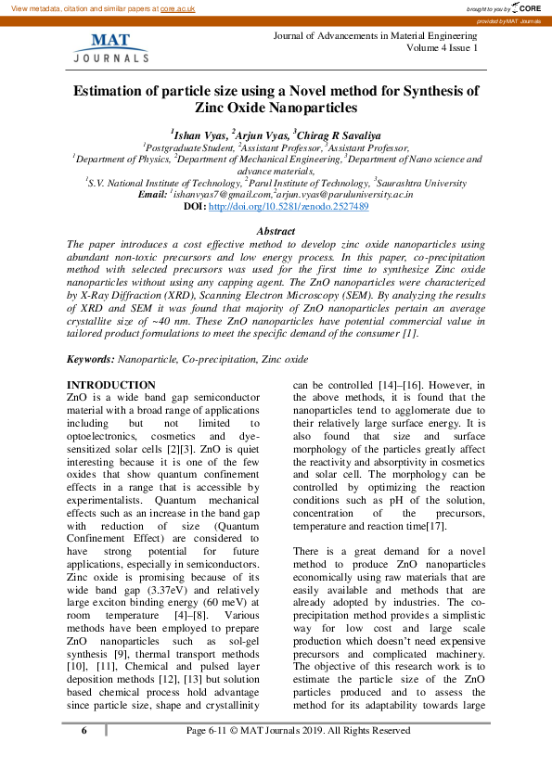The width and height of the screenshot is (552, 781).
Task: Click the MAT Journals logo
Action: pyautogui.click(x=110, y=47)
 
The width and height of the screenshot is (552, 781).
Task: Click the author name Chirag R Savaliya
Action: pyautogui.click(x=340, y=134)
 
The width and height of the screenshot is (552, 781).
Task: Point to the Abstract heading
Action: pyautogui.click(x=275, y=231)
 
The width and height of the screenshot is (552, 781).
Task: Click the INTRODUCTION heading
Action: pyautogui.click(x=110, y=385)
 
